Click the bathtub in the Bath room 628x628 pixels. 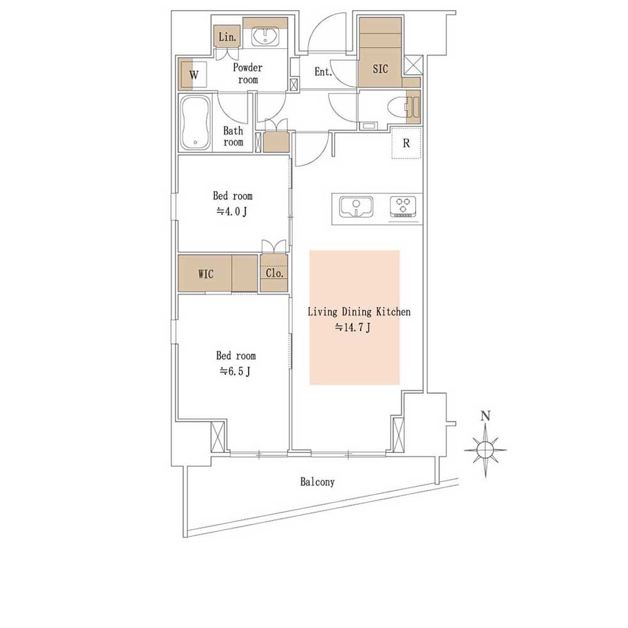click(x=195, y=122)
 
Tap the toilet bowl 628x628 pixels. click(x=397, y=107)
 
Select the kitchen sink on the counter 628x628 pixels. click(x=356, y=207)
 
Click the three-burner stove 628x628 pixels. click(x=404, y=207)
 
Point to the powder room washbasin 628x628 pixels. click(x=265, y=38)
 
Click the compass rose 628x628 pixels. click(x=485, y=450)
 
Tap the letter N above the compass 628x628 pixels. click(x=485, y=416)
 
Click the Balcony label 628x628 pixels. click(x=317, y=482)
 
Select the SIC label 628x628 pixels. click(x=380, y=69)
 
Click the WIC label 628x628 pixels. click(x=206, y=274)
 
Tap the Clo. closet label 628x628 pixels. click(x=274, y=273)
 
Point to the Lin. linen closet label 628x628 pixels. click(x=227, y=37)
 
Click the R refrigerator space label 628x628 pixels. click(x=406, y=143)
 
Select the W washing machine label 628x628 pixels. click(x=194, y=75)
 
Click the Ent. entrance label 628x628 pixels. click(x=323, y=72)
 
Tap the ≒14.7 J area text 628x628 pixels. click(x=352, y=328)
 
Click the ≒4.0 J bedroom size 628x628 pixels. click(x=232, y=211)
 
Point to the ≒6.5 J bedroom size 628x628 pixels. click(x=235, y=371)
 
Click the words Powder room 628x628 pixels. click(x=248, y=73)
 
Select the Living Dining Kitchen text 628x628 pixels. click(x=359, y=311)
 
